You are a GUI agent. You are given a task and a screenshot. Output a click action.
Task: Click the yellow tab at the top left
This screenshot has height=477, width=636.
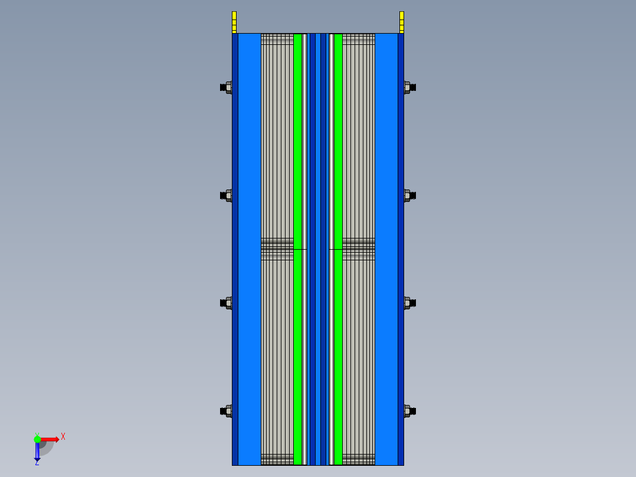click(234, 22)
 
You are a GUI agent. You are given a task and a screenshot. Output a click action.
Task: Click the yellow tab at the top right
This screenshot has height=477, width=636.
click(402, 22)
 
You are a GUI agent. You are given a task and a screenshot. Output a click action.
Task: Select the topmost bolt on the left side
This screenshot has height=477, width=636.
click(226, 87)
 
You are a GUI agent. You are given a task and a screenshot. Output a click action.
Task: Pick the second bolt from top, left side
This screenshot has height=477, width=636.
click(226, 195)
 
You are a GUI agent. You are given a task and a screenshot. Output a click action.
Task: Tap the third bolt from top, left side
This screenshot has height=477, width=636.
click(226, 303)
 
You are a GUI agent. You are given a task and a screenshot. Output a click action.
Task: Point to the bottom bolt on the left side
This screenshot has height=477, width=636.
click(226, 411)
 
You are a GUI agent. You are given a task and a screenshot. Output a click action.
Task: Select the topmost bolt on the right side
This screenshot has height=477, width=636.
click(409, 87)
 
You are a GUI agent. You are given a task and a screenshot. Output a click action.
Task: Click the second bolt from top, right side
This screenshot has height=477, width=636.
click(409, 195)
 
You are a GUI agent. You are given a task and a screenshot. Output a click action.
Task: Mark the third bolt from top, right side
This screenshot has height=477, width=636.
click(409, 303)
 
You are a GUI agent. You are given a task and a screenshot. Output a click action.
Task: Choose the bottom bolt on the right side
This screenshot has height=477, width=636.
click(409, 411)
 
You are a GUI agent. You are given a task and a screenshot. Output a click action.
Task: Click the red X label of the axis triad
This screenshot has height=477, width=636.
click(63, 436)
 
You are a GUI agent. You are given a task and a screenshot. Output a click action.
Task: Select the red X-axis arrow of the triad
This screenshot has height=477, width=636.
click(50, 439)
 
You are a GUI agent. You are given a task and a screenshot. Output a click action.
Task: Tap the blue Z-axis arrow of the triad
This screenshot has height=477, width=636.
click(37, 452)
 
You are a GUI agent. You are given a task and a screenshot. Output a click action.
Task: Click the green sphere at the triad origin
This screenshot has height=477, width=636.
click(37, 439)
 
